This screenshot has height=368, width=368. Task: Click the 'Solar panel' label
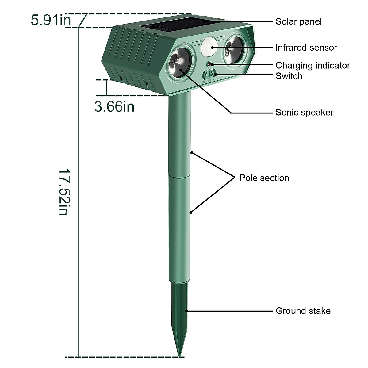pos(298,21)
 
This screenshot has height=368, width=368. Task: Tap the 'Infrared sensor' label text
pos(306,48)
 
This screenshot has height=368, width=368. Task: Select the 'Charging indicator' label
pos(312,65)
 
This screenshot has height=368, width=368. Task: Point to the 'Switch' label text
pos(289,76)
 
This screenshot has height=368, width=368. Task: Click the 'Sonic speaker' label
pos(304,112)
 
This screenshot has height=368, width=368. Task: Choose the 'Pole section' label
pos(264,178)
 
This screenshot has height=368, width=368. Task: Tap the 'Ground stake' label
pos(303,311)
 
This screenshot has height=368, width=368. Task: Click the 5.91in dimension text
pos(51,21)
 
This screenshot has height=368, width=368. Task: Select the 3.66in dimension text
pos(114,107)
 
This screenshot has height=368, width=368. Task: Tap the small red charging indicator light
pos(209,64)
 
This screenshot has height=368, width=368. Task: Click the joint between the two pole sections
pos(180,177)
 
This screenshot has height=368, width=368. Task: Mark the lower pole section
pos(180,230)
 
